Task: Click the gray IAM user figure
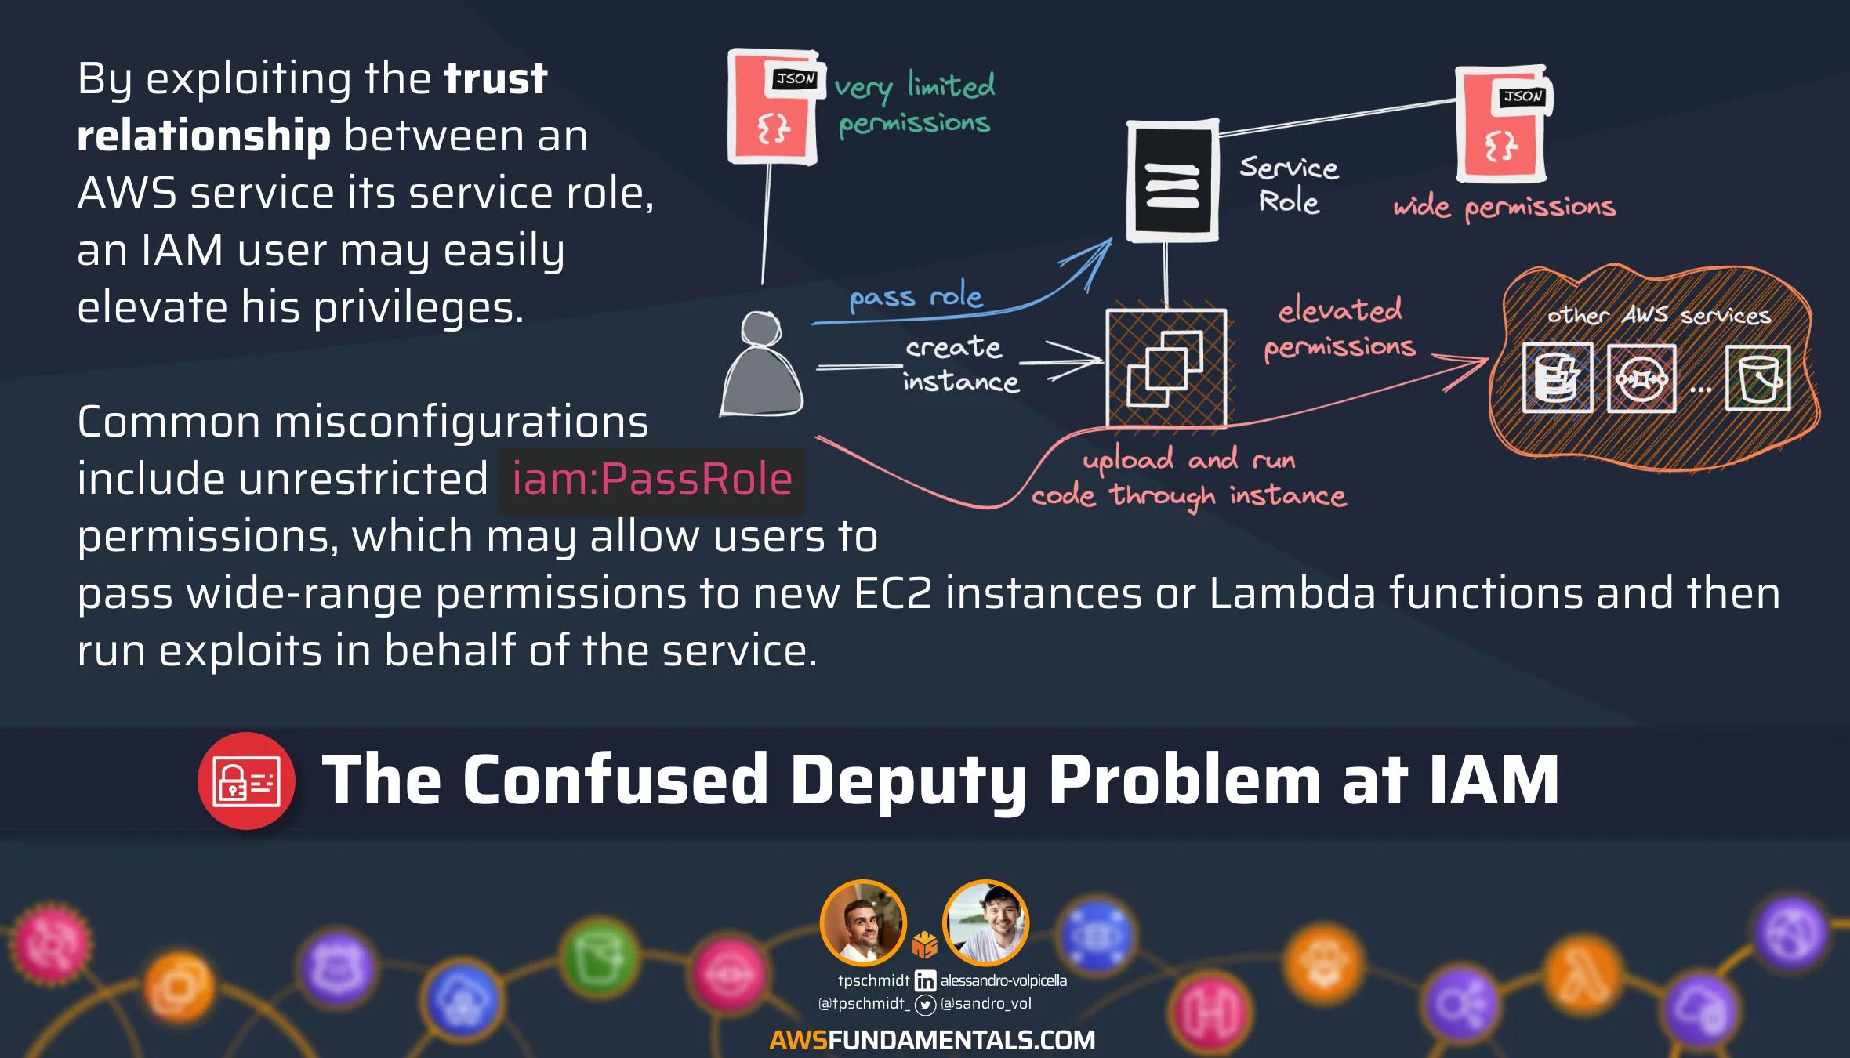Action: [761, 365]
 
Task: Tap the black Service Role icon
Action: [1172, 181]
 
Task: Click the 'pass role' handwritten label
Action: [916, 297]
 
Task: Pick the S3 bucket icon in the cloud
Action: [1758, 379]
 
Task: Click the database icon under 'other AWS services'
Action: [1557, 378]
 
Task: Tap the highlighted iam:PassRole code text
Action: [651, 479]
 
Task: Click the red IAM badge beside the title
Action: [246, 781]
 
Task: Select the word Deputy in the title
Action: [908, 780]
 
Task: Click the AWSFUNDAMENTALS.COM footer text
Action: [932, 1040]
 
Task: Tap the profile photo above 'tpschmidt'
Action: [863, 922]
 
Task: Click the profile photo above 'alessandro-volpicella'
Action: [985, 922]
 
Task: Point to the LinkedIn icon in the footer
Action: [925, 980]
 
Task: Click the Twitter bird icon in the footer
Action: [925, 1004]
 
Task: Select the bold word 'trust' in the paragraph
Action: [495, 78]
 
